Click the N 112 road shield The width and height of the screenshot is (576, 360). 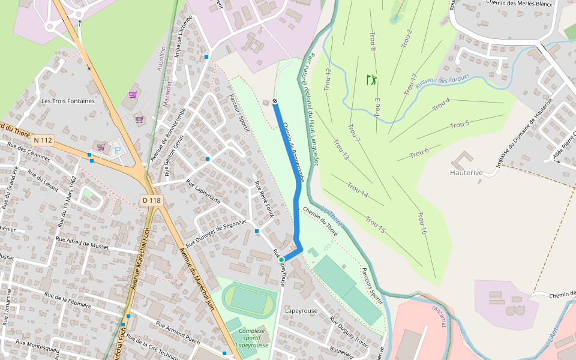pos(44,140)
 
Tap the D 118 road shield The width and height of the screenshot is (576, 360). pos(152,200)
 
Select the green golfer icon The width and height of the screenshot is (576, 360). pos(372,79)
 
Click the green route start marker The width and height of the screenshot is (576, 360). pos(281,260)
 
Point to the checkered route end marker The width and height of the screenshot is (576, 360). pos(274,101)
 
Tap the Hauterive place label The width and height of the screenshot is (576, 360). pos(466,172)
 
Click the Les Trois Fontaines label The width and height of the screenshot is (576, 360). pos(68,101)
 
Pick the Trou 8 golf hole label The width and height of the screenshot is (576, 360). pos(373,41)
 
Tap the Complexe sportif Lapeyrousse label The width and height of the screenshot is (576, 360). pos(252,338)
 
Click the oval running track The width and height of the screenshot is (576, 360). pos(248,300)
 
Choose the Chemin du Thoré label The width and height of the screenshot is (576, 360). pos(321,221)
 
